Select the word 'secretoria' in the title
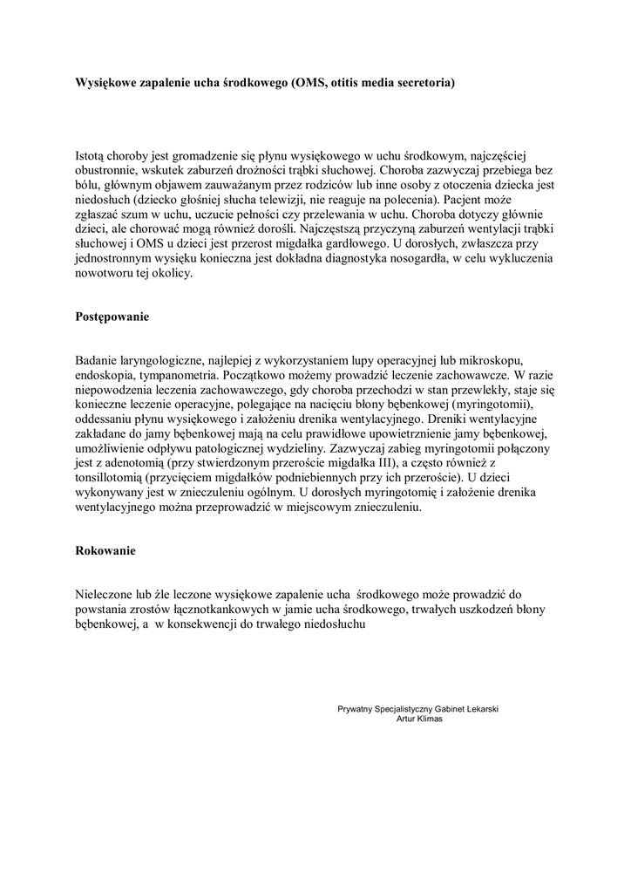[422, 83]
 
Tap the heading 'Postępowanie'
[112, 317]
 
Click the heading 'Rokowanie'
[105, 551]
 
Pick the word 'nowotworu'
[105, 272]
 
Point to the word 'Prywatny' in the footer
[355, 709]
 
